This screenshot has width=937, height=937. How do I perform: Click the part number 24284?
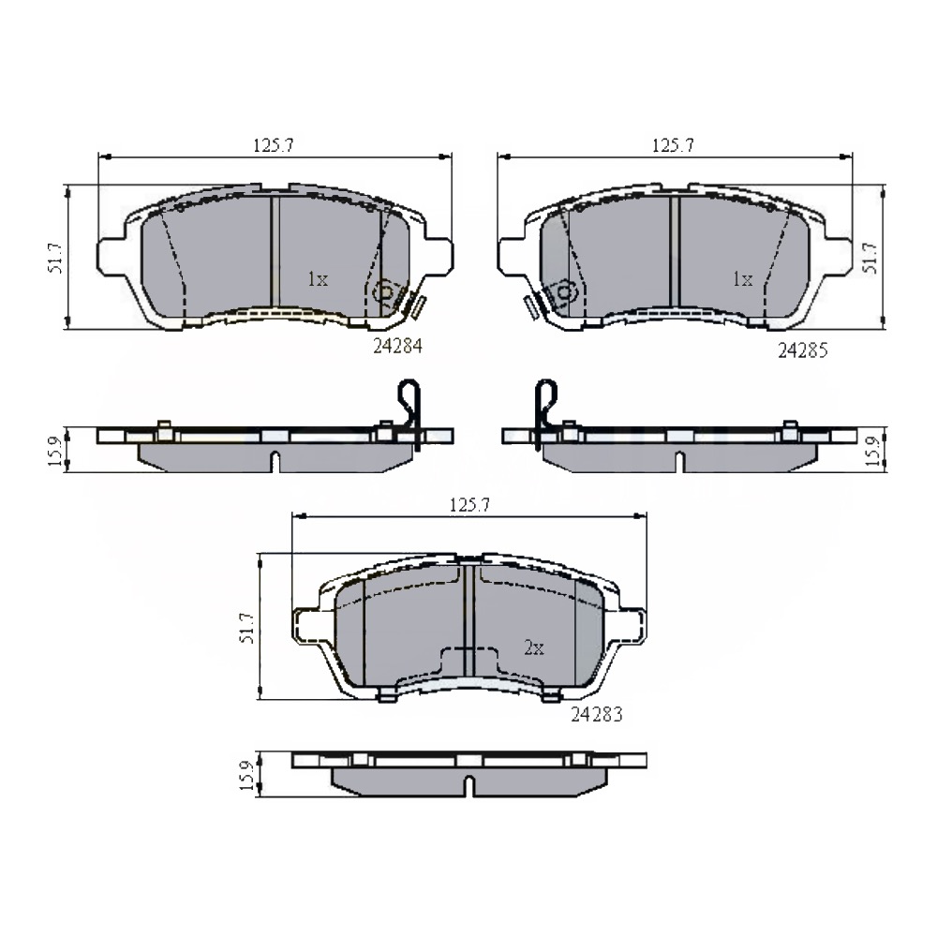pyautogui.click(x=397, y=346)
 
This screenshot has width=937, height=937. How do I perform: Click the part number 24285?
pyautogui.click(x=803, y=350)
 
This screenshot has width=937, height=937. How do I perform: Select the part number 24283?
pyautogui.click(x=596, y=714)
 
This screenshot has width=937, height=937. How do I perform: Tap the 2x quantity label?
pyautogui.click(x=534, y=647)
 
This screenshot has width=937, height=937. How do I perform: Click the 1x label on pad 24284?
pyautogui.click(x=318, y=279)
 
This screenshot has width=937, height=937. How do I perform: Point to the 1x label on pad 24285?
pyautogui.click(x=742, y=279)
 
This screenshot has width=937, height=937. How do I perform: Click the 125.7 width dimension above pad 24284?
pyautogui.click(x=274, y=145)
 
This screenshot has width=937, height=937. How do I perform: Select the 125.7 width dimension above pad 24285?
pyautogui.click(x=673, y=145)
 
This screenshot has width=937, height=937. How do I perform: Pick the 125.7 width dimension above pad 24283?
pyautogui.click(x=469, y=505)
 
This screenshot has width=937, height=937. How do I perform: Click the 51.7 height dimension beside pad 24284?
pyautogui.click(x=55, y=258)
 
